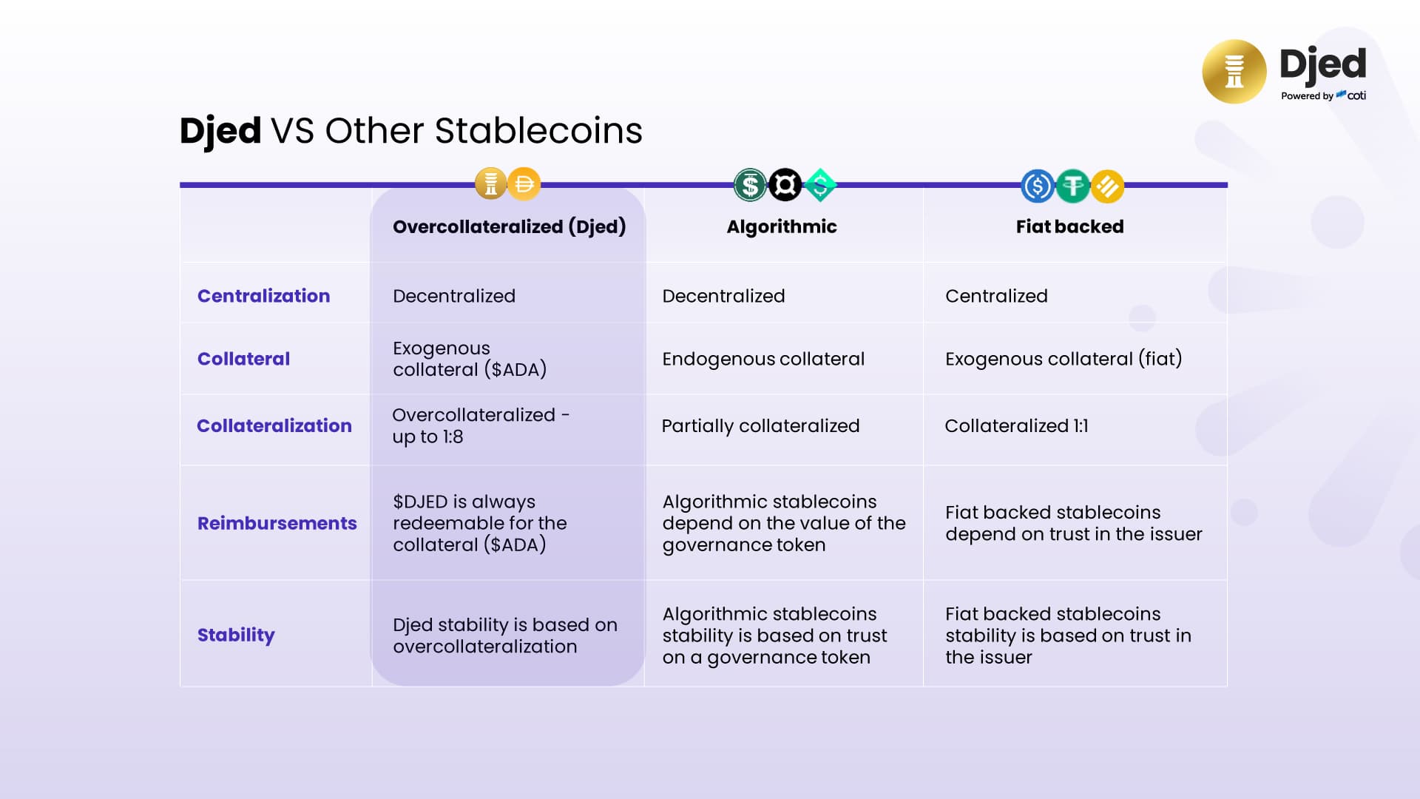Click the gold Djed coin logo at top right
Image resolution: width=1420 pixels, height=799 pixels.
(x=1234, y=72)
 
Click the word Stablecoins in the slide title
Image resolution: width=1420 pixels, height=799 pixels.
(x=538, y=131)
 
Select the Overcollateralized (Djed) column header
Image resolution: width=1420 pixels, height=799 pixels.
(x=509, y=226)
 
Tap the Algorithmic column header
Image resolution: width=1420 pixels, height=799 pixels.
(x=782, y=227)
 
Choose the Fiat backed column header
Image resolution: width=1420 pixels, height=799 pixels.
(x=1069, y=226)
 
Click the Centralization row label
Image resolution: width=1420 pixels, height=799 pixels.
(x=263, y=296)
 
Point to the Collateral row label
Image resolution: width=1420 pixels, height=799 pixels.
(x=243, y=359)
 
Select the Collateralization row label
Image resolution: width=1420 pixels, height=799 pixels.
(x=274, y=425)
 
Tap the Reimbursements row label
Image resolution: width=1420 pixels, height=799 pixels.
(x=277, y=523)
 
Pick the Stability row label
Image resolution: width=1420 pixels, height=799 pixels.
(x=236, y=635)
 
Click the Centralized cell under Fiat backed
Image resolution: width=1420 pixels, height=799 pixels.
(x=996, y=296)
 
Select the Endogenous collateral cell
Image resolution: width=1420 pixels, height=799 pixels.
(x=763, y=359)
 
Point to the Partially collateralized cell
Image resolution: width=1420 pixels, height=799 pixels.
(x=760, y=426)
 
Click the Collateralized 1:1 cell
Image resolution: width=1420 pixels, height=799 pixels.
(x=1016, y=426)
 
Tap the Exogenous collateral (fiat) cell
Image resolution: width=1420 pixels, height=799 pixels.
(x=1064, y=359)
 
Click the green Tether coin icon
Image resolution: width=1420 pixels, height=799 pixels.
(x=1072, y=186)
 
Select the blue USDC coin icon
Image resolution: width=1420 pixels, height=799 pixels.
(x=1038, y=186)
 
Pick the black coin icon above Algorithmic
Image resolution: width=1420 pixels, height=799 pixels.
(x=785, y=185)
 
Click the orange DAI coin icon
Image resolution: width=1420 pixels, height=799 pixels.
(x=524, y=183)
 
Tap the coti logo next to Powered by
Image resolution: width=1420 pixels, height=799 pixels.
(x=1351, y=95)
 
